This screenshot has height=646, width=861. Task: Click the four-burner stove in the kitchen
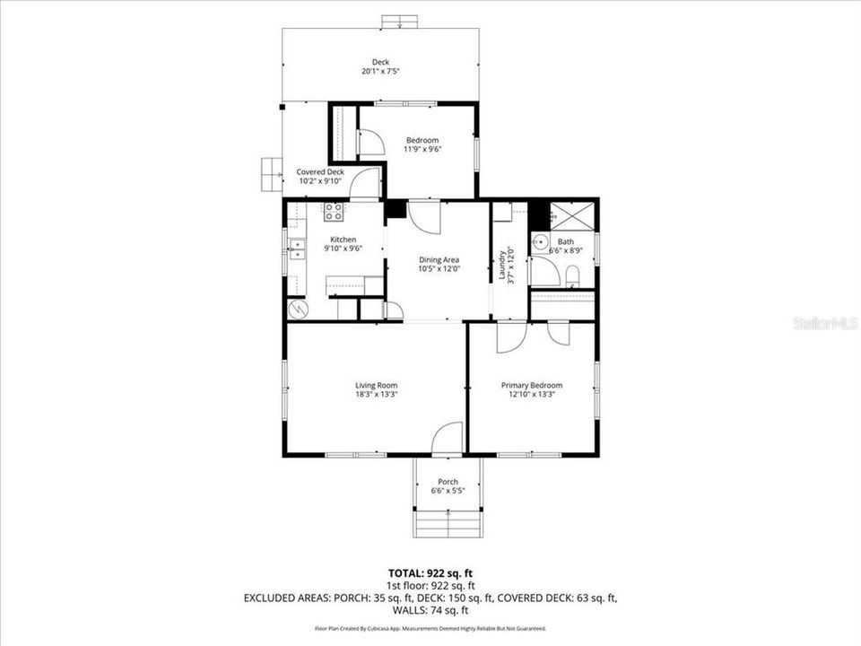pyautogui.click(x=334, y=212)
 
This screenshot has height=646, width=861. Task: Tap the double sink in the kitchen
pyautogui.click(x=297, y=249)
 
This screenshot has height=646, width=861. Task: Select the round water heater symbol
pyautogui.click(x=297, y=309)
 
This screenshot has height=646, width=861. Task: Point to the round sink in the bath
pyautogui.click(x=540, y=242)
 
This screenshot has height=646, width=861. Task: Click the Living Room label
pyautogui.click(x=376, y=385)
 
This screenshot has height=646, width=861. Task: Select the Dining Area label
pyautogui.click(x=439, y=260)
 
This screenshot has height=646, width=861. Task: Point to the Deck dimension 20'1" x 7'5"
pyautogui.click(x=380, y=71)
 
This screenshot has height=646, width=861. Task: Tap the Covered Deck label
pyautogui.click(x=320, y=171)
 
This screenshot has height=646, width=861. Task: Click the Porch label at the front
pyautogui.click(x=448, y=482)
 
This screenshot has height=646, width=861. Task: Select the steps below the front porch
pyautogui.click(x=448, y=523)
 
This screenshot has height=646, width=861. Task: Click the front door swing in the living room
pyautogui.click(x=447, y=439)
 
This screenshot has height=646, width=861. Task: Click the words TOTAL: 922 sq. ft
pyautogui.click(x=430, y=572)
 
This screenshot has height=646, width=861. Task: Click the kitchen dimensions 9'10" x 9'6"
pyautogui.click(x=343, y=249)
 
